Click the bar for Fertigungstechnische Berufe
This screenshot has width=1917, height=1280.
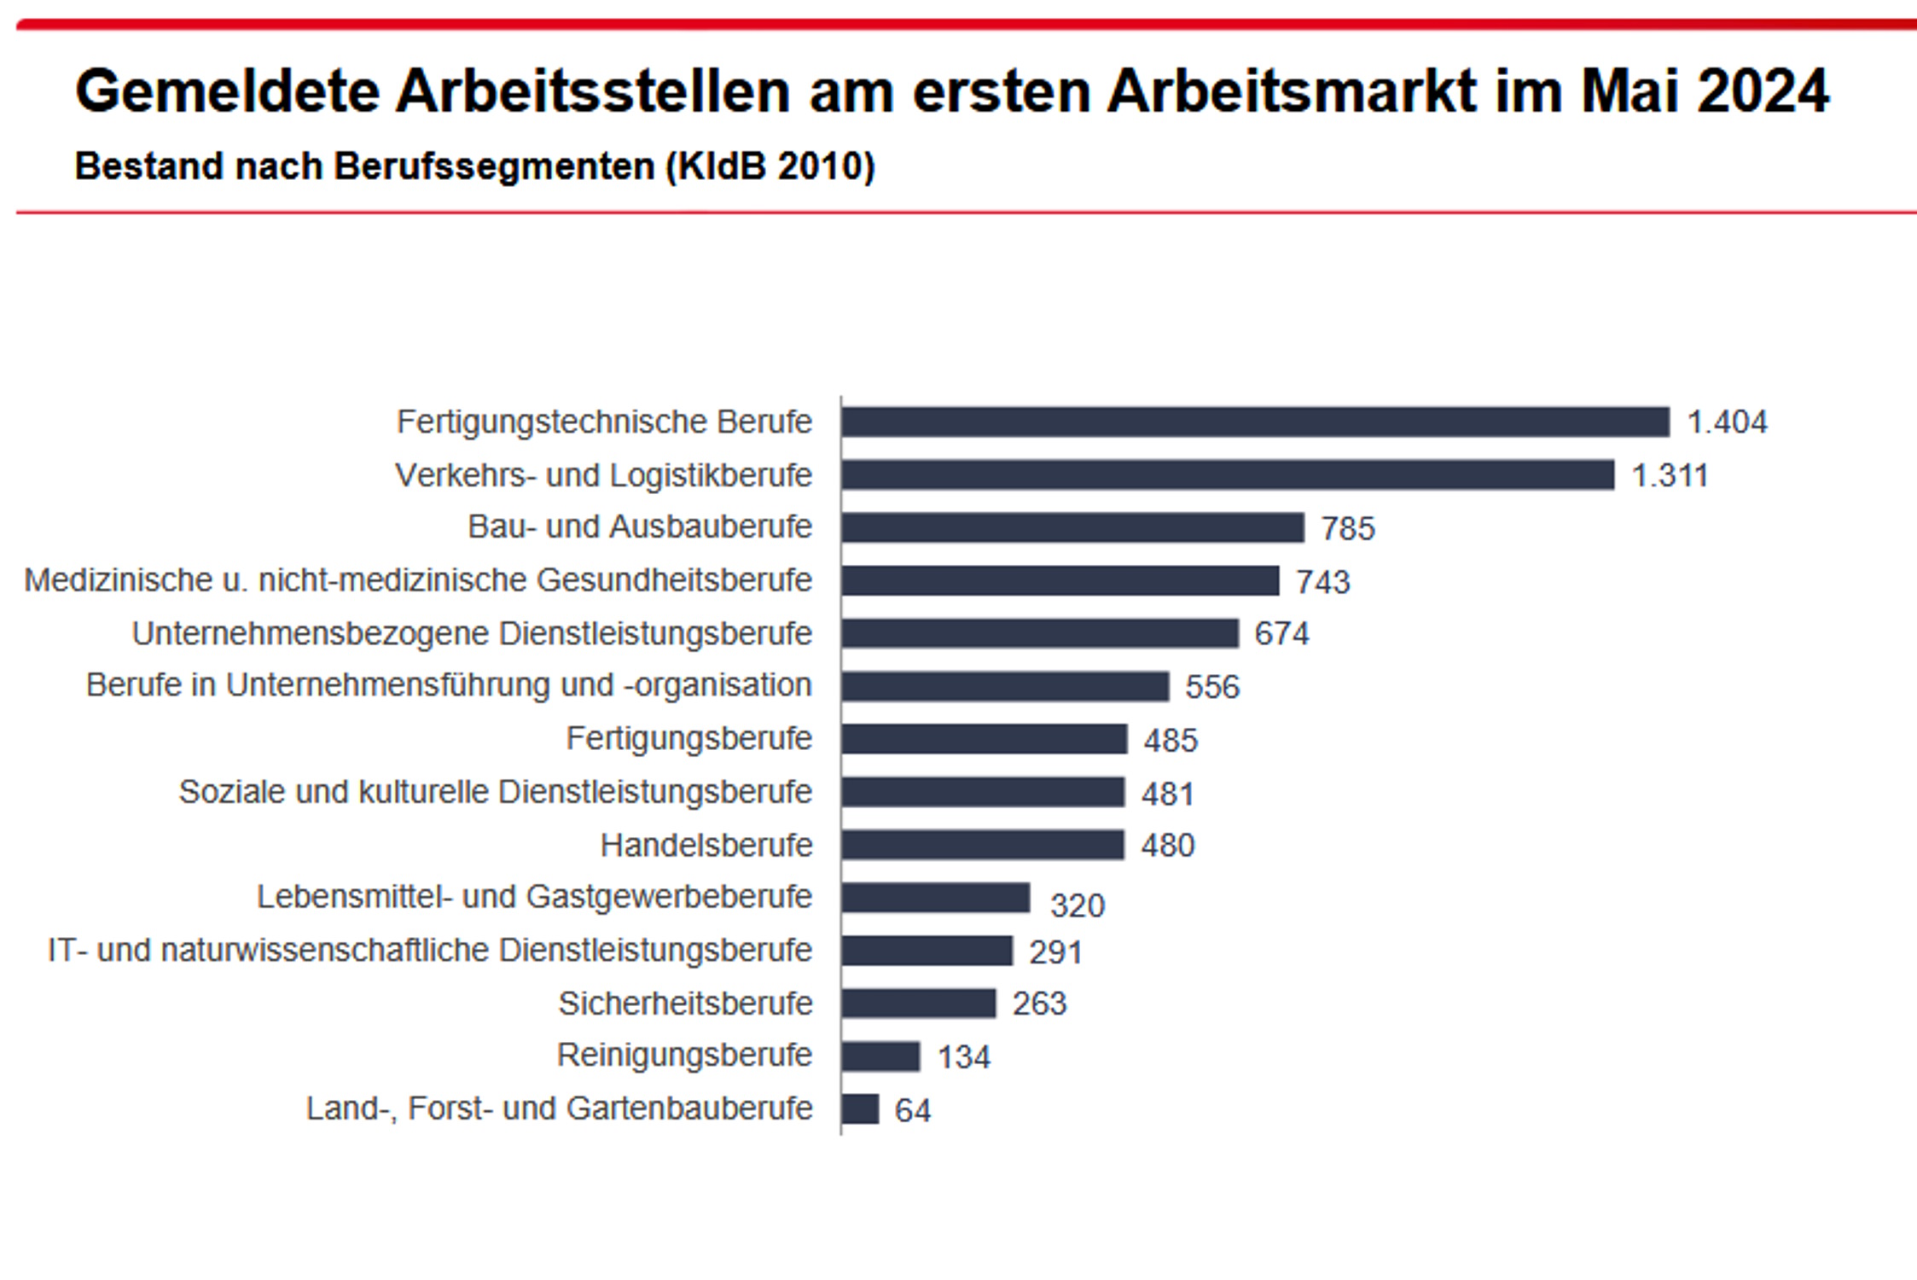click(x=1254, y=422)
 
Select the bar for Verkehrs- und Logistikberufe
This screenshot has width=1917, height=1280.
click(x=1227, y=475)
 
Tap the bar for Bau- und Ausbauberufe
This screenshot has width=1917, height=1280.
click(x=1072, y=527)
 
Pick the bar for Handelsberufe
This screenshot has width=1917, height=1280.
click(x=982, y=845)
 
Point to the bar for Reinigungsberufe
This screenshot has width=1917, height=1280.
click(x=880, y=1056)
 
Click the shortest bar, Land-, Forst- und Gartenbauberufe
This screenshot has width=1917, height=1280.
click(x=860, y=1109)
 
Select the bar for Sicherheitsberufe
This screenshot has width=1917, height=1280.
click(x=918, y=1004)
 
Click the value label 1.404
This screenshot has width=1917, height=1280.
click(x=1727, y=422)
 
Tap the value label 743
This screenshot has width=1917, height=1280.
click(x=1322, y=582)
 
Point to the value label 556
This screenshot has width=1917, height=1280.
click(x=1211, y=687)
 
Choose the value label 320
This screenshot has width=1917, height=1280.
click(x=1077, y=905)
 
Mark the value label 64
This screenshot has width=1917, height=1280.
click(x=912, y=1110)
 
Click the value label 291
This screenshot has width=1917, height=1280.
click(x=1055, y=952)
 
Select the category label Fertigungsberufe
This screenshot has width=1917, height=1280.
click(x=688, y=739)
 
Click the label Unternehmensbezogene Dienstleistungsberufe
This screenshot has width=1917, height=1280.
click(x=472, y=634)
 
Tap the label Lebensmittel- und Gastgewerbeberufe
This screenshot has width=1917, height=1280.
click(x=534, y=897)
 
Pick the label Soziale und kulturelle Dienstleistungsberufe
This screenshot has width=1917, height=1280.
click(x=495, y=792)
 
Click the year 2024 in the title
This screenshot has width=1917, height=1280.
click(x=1763, y=91)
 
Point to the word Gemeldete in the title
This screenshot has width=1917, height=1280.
click(x=227, y=91)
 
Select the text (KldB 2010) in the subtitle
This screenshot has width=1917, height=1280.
click(x=770, y=166)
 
